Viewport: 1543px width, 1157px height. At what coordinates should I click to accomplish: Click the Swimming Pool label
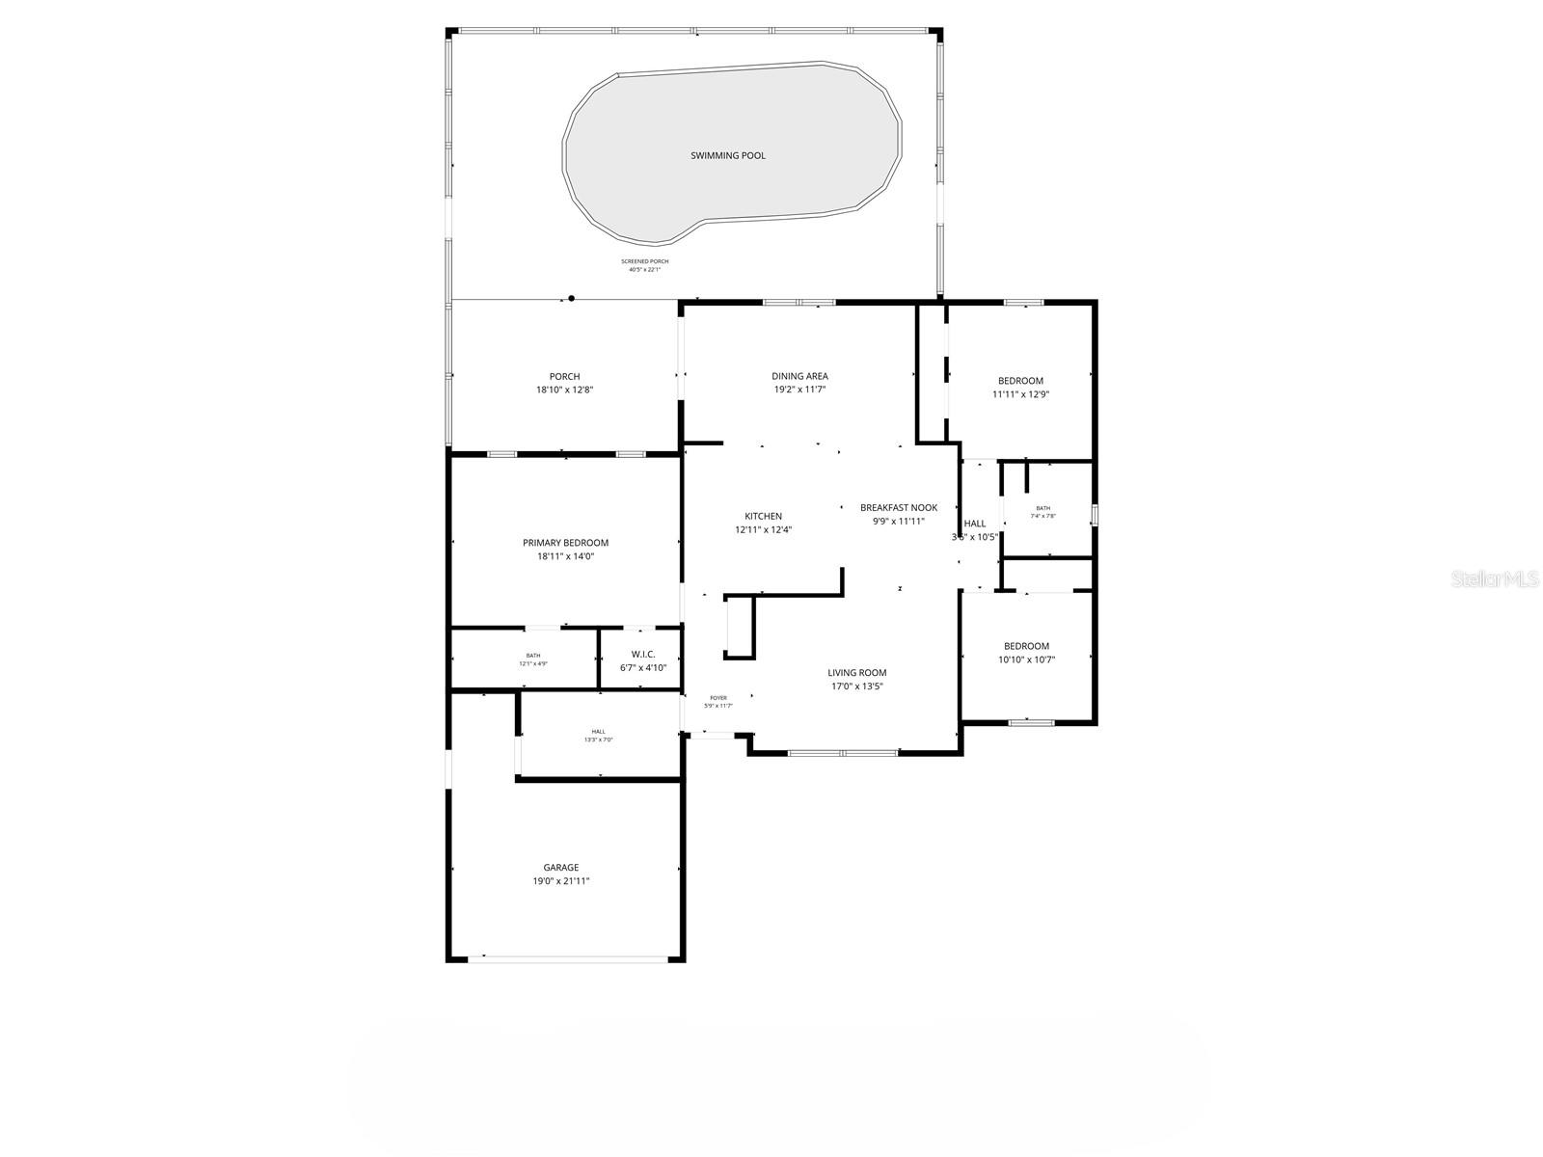click(728, 155)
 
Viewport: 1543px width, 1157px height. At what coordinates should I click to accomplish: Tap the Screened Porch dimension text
click(644, 270)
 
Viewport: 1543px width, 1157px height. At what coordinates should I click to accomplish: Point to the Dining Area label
click(799, 376)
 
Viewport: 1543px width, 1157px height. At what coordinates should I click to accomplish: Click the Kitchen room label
click(763, 516)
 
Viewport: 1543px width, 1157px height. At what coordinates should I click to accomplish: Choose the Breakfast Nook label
click(899, 508)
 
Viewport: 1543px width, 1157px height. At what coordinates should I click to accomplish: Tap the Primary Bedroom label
click(565, 543)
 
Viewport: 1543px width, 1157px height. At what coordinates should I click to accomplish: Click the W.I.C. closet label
click(642, 655)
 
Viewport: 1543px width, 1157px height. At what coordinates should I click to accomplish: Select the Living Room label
click(856, 673)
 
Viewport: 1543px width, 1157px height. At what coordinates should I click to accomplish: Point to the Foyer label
click(718, 698)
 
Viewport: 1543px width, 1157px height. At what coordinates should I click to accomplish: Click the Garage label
click(561, 868)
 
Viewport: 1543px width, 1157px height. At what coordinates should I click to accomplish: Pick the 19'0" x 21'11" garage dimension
click(561, 881)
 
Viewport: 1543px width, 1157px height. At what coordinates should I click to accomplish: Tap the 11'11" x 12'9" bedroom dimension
click(1020, 394)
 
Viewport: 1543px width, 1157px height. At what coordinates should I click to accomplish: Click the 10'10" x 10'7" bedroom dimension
click(1026, 660)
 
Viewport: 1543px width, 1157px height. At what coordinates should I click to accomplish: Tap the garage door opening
click(567, 958)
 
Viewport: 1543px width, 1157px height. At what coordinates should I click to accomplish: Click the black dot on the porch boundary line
click(572, 299)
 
